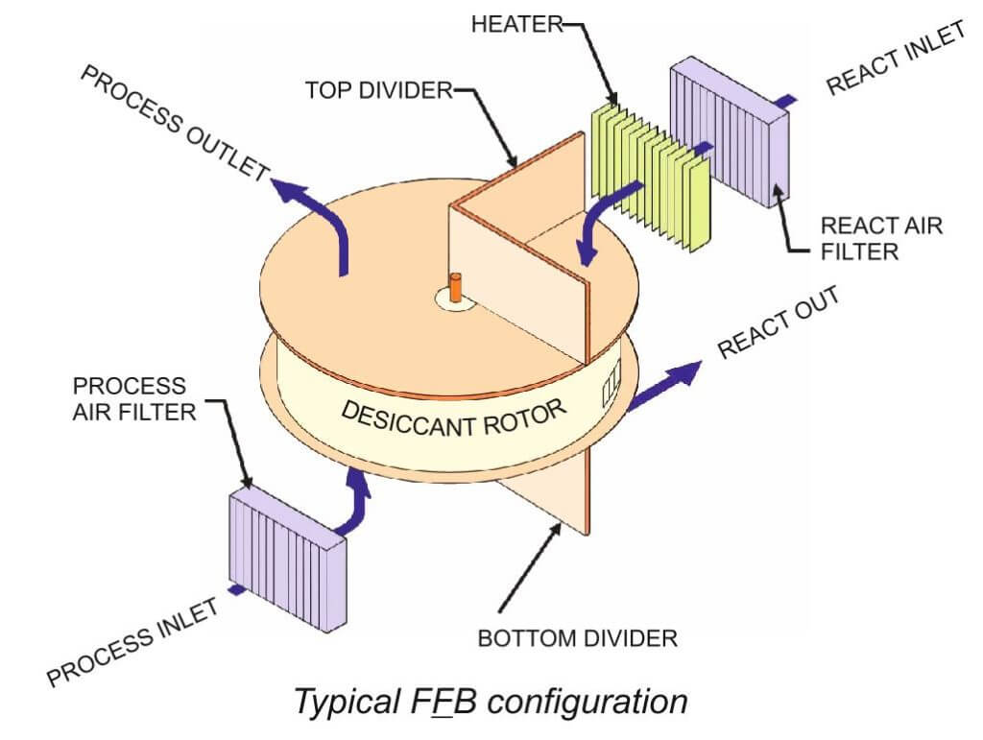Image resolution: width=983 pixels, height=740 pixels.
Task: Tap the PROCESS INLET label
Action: (134, 638)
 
